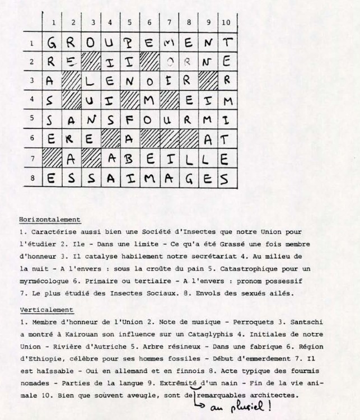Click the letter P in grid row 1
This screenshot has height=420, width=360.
click(x=129, y=42)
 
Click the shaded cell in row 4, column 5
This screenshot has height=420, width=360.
click(x=129, y=101)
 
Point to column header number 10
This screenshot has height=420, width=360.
click(x=226, y=23)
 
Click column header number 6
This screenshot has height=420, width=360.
click(x=149, y=23)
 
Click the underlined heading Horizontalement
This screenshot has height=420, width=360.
click(x=50, y=219)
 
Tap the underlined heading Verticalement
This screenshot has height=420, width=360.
click(x=46, y=310)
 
